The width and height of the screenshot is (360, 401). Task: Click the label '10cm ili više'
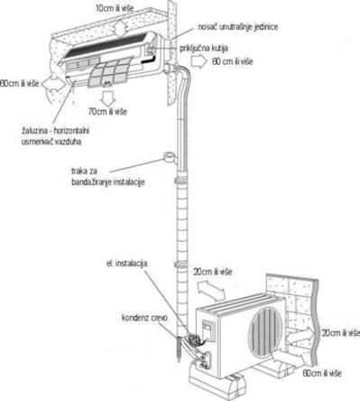click(115, 8)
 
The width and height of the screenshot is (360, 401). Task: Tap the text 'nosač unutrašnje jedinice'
click(237, 27)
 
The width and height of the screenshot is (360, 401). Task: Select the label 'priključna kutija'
click(204, 48)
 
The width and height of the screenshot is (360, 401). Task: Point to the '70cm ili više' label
click(107, 111)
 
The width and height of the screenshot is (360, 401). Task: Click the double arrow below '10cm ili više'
click(120, 28)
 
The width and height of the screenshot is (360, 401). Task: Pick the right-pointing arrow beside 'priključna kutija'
click(198, 61)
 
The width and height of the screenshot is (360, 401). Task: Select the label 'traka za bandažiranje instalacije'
click(108, 177)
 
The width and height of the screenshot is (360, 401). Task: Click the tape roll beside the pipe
click(170, 157)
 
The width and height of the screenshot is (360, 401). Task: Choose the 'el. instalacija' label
click(126, 264)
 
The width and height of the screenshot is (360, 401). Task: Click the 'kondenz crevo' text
click(144, 318)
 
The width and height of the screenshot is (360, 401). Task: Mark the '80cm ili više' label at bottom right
click(322, 373)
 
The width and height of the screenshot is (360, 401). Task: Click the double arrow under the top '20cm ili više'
click(211, 290)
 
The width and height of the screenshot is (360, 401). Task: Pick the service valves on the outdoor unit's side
click(204, 360)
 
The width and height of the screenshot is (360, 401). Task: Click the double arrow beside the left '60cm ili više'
click(53, 85)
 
